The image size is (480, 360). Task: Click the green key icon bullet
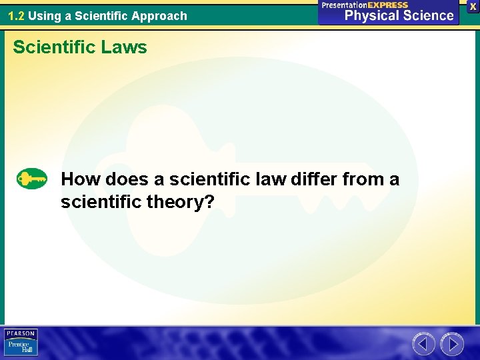31,179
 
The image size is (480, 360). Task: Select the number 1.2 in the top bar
16,15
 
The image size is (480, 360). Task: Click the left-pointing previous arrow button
423,344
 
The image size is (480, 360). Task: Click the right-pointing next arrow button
452,344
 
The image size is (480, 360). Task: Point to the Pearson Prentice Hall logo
21,342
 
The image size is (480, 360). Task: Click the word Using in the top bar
44,15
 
